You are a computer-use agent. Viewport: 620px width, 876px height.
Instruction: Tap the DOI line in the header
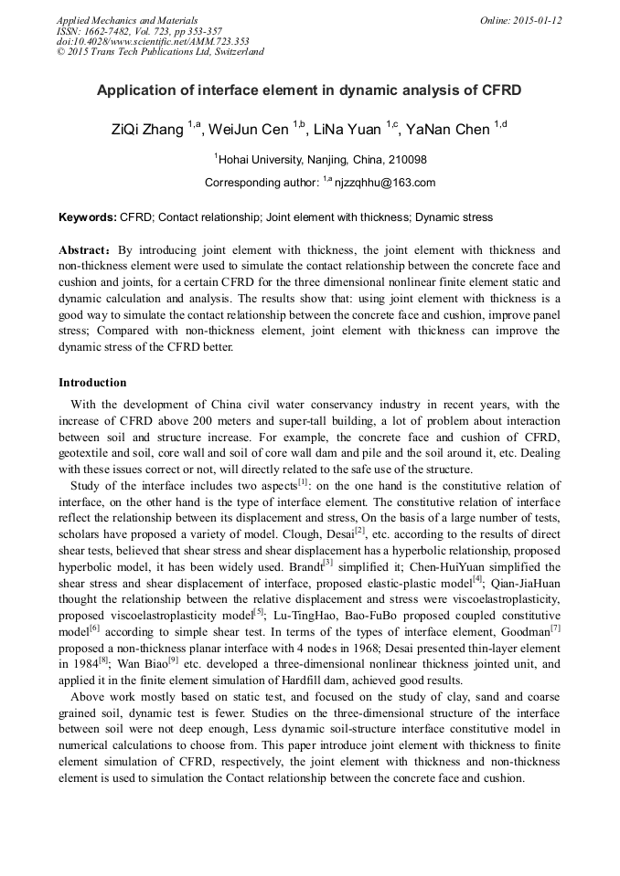coord(153,41)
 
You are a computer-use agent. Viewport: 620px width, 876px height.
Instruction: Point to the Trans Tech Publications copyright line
coord(160,52)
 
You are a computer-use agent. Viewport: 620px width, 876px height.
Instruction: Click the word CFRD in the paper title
coord(499,91)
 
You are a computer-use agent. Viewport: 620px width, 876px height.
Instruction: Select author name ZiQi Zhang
coord(146,130)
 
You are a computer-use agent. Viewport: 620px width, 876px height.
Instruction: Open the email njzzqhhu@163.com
coord(384,183)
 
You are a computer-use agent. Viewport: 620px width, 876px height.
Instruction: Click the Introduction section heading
coord(92,383)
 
